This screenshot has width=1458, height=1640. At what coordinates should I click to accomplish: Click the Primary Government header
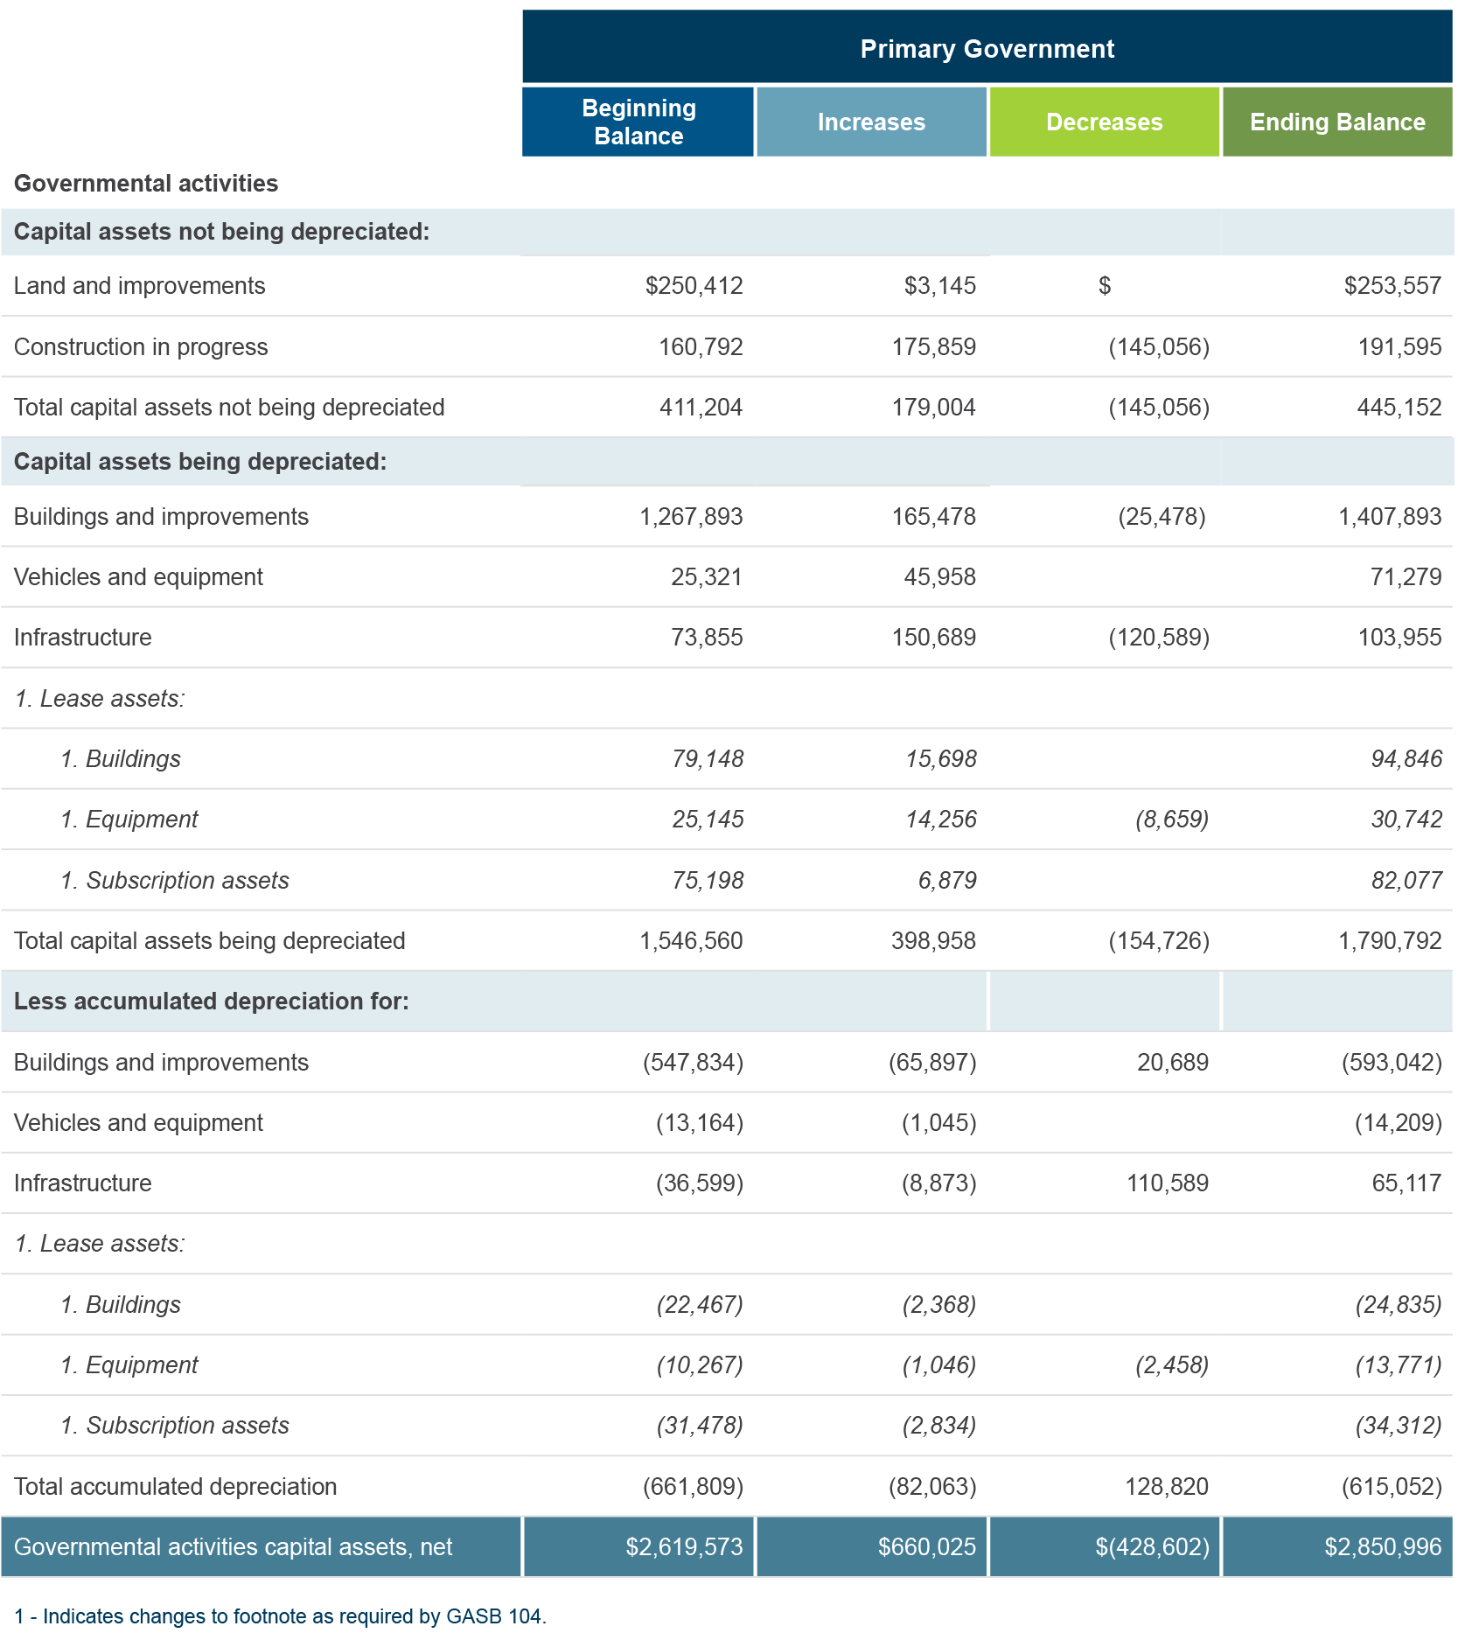[987, 48]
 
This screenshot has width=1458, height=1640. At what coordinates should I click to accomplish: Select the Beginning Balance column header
[638, 122]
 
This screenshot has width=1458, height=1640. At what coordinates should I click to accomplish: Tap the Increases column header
[871, 122]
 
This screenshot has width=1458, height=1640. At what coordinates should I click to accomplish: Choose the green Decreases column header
[1104, 122]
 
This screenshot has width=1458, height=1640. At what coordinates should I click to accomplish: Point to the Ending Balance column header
[1337, 122]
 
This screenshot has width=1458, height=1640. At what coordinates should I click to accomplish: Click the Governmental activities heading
[146, 183]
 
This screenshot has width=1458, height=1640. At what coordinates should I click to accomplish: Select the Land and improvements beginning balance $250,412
[694, 286]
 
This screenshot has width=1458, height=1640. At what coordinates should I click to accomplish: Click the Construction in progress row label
[141, 347]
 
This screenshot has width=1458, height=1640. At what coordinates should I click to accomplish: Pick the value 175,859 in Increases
[933, 347]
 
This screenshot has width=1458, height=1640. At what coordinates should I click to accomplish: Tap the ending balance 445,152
[1399, 408]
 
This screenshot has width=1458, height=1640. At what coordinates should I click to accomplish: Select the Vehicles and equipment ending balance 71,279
[1406, 577]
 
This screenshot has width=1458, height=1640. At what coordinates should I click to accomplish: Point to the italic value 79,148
[708, 759]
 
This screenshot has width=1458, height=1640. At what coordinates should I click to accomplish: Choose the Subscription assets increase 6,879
[947, 881]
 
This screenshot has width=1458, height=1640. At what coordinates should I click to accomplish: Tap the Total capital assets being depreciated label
[210, 941]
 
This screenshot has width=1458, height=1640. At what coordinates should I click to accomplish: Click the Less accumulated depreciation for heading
[212, 1001]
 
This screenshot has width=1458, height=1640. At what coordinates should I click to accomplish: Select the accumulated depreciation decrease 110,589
[1168, 1183]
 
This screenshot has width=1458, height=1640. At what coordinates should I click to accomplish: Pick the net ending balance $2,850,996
[1383, 1547]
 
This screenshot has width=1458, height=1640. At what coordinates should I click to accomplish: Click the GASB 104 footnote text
[280, 1616]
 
